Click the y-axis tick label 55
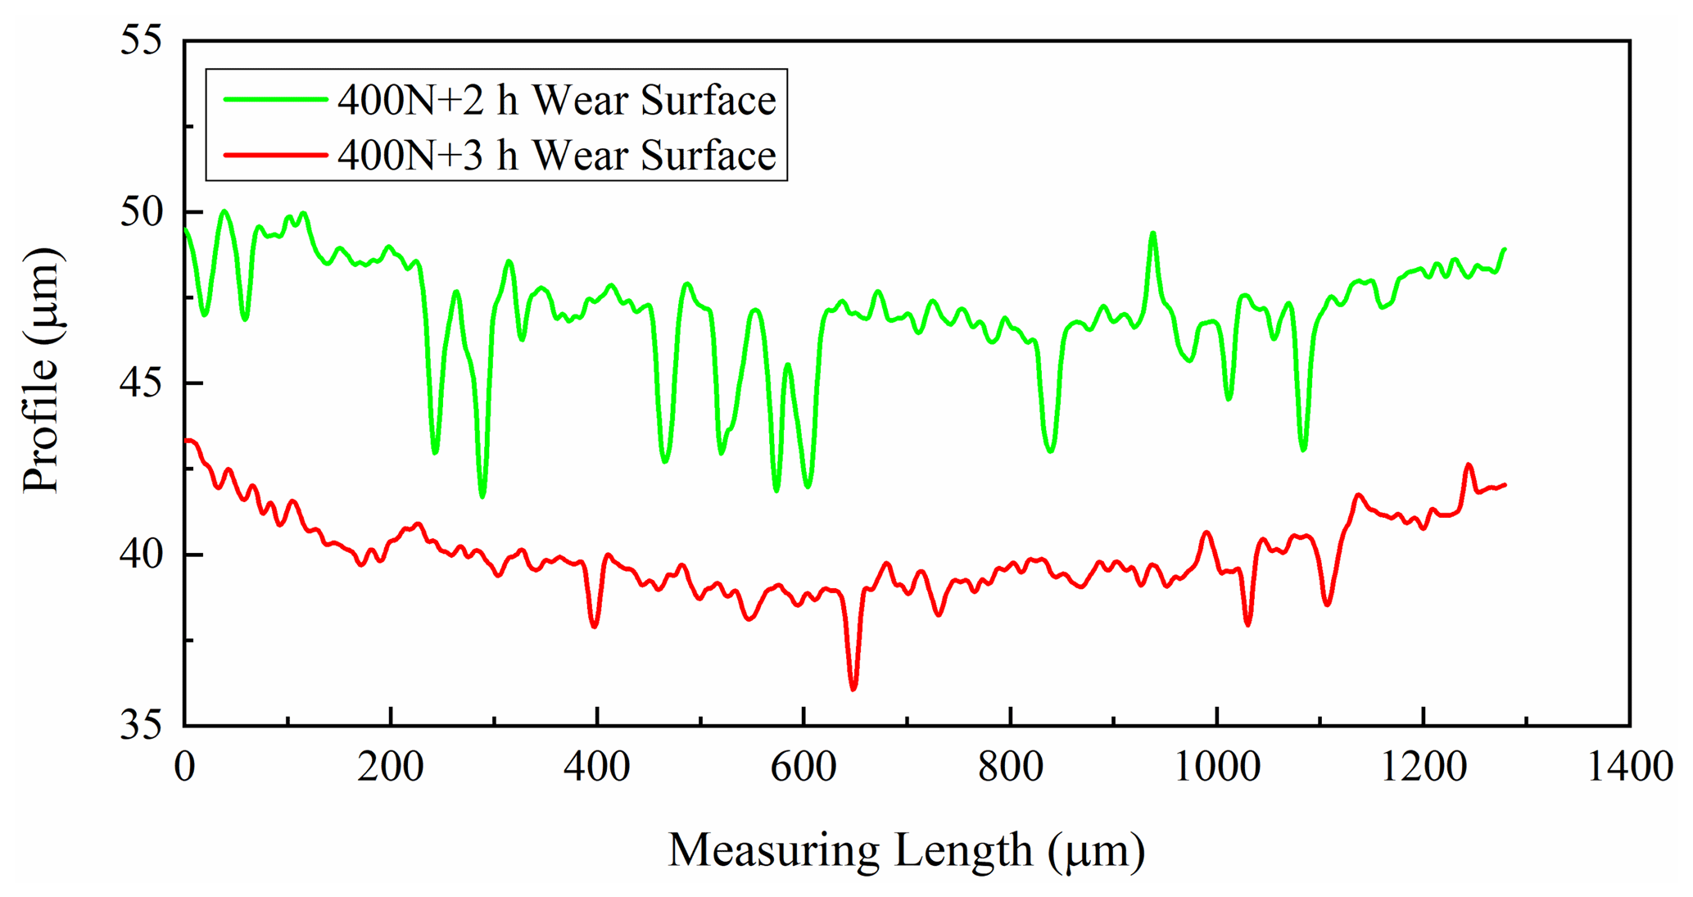(x=142, y=40)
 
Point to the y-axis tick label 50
(x=142, y=212)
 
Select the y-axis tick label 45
(x=142, y=383)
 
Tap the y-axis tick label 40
(x=142, y=555)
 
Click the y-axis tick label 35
(x=142, y=726)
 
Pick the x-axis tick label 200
(x=391, y=768)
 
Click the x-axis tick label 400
(x=597, y=768)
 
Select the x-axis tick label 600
(x=803, y=768)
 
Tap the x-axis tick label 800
(x=1011, y=768)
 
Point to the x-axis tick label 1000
(x=1217, y=768)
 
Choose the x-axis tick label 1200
(x=1424, y=768)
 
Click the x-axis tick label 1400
(x=1630, y=768)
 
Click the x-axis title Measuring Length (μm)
(x=906, y=850)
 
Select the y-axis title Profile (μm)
(x=41, y=370)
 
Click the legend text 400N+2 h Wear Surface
(x=557, y=100)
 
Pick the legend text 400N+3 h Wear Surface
(x=557, y=155)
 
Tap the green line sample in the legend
(x=276, y=99)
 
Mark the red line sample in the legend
(x=276, y=154)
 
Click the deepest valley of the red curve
(x=853, y=689)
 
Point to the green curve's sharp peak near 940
(x=1152, y=233)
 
